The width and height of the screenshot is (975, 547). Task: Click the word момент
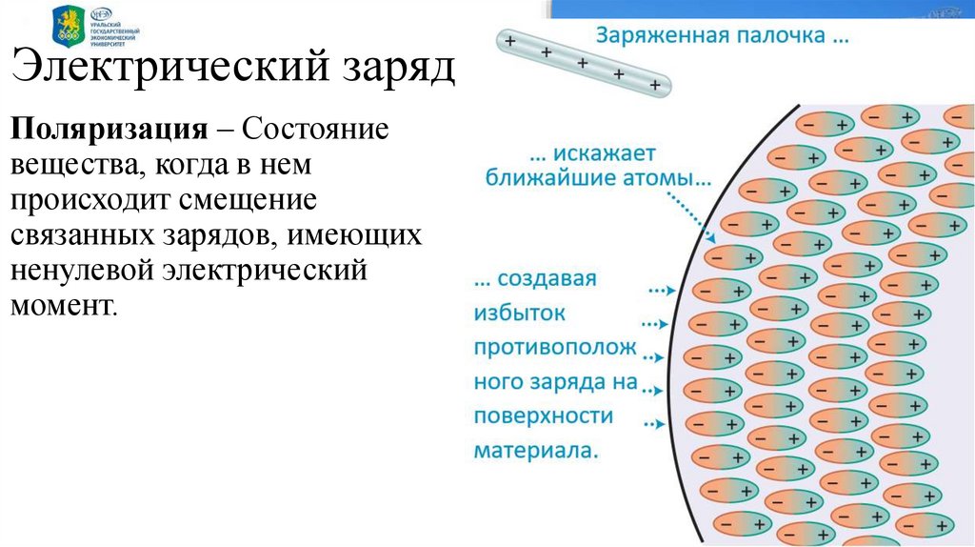pyautogui.click(x=64, y=307)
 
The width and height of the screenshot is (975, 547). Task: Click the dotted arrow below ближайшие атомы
pyautogui.click(x=690, y=212)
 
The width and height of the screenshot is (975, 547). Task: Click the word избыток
pyautogui.click(x=520, y=313)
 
